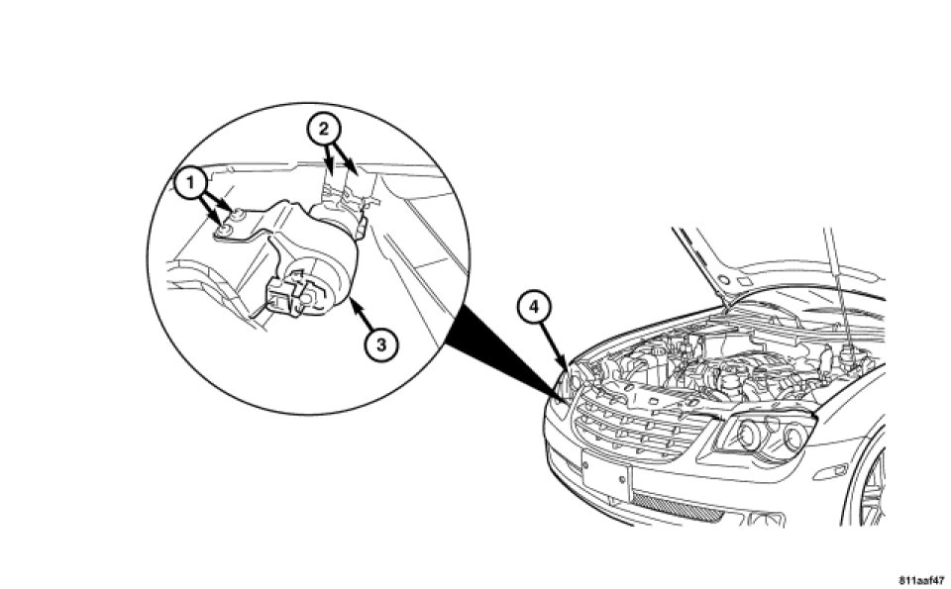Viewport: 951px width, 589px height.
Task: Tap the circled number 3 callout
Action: [x=379, y=344]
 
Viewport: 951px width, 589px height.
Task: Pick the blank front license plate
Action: [x=606, y=479]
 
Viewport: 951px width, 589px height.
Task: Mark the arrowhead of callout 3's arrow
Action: [x=350, y=310]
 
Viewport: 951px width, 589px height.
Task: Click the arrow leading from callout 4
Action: [x=552, y=342]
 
